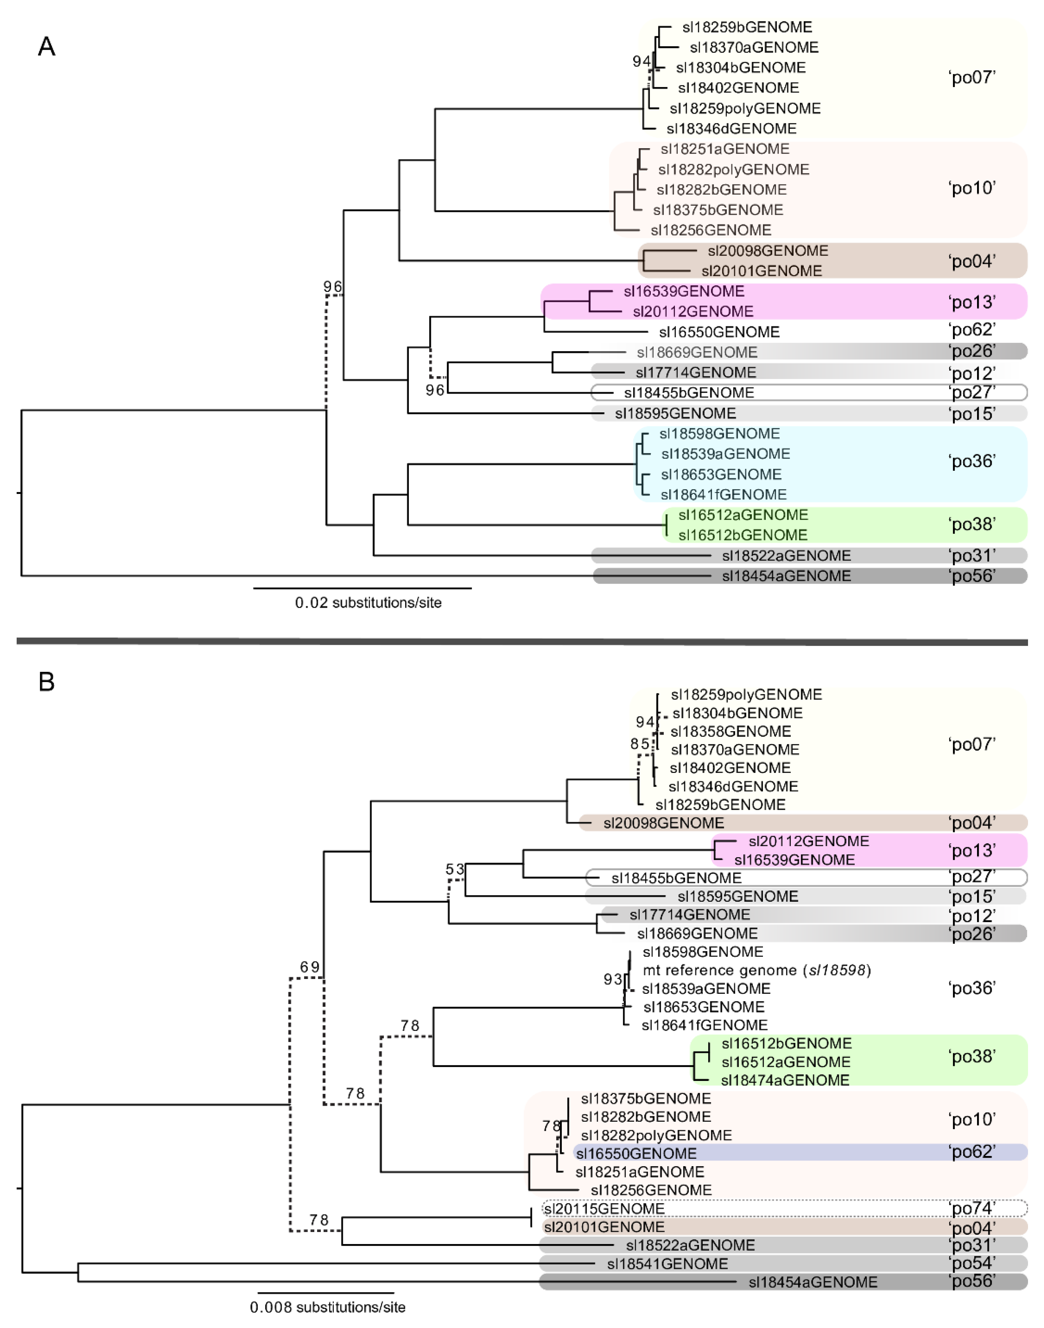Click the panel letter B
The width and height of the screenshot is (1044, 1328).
[x=47, y=682]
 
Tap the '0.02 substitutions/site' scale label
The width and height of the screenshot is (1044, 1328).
[x=368, y=603]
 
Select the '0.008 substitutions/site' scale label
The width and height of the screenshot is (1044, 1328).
[x=328, y=1307]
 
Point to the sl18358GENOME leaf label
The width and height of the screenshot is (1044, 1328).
[x=730, y=731]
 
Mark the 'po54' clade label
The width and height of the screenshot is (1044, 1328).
[x=972, y=1263]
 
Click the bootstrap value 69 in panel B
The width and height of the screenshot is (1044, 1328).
[x=310, y=967]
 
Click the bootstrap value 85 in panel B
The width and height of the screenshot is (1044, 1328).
[x=640, y=744]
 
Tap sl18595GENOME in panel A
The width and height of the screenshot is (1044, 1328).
[x=675, y=413]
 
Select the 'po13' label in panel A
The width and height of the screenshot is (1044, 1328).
[x=972, y=302]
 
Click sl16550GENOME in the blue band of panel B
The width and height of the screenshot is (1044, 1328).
[x=636, y=1154]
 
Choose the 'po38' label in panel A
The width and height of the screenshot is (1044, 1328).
[x=972, y=524]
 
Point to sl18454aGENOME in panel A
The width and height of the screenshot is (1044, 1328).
[x=786, y=576]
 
